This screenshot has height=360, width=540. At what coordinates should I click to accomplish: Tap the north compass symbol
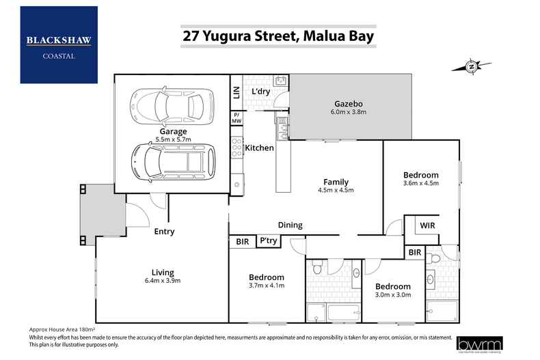tap(472, 66)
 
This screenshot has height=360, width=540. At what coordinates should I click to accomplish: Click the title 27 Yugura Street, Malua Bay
tap(278, 35)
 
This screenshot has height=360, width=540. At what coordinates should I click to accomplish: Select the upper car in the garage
tap(167, 105)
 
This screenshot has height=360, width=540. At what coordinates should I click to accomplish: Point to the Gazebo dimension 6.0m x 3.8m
tap(349, 111)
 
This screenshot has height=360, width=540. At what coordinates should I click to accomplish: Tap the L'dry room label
tap(262, 92)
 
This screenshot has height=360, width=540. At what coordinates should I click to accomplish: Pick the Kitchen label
tap(260, 148)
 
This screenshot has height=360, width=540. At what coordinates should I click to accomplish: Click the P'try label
tap(267, 241)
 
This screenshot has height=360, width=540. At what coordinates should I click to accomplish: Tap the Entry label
tap(163, 232)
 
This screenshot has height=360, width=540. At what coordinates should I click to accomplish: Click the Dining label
tap(290, 225)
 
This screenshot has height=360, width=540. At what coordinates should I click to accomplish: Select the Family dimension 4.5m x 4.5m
tap(336, 191)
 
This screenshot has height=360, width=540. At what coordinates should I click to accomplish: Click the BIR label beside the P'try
tap(241, 241)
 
